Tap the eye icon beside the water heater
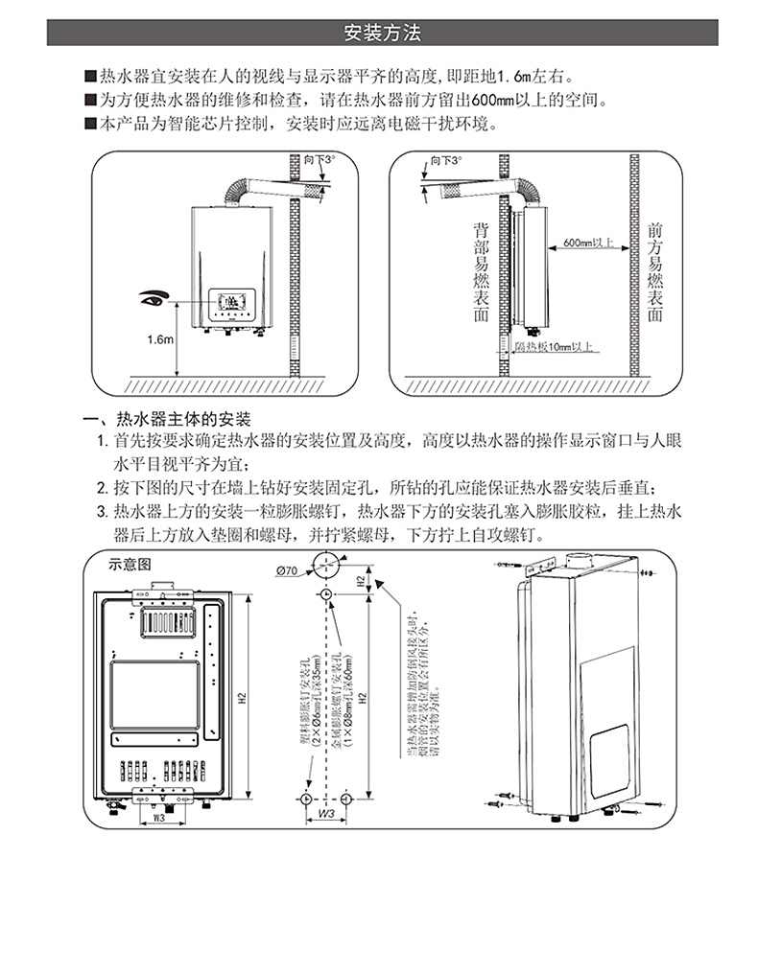[153, 296]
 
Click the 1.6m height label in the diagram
[160, 338]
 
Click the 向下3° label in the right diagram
[445, 159]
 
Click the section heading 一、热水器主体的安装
[168, 420]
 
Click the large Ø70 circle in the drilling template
[325, 564]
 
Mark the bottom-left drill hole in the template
[304, 798]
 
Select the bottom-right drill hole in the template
[345, 798]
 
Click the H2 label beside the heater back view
[242, 697]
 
